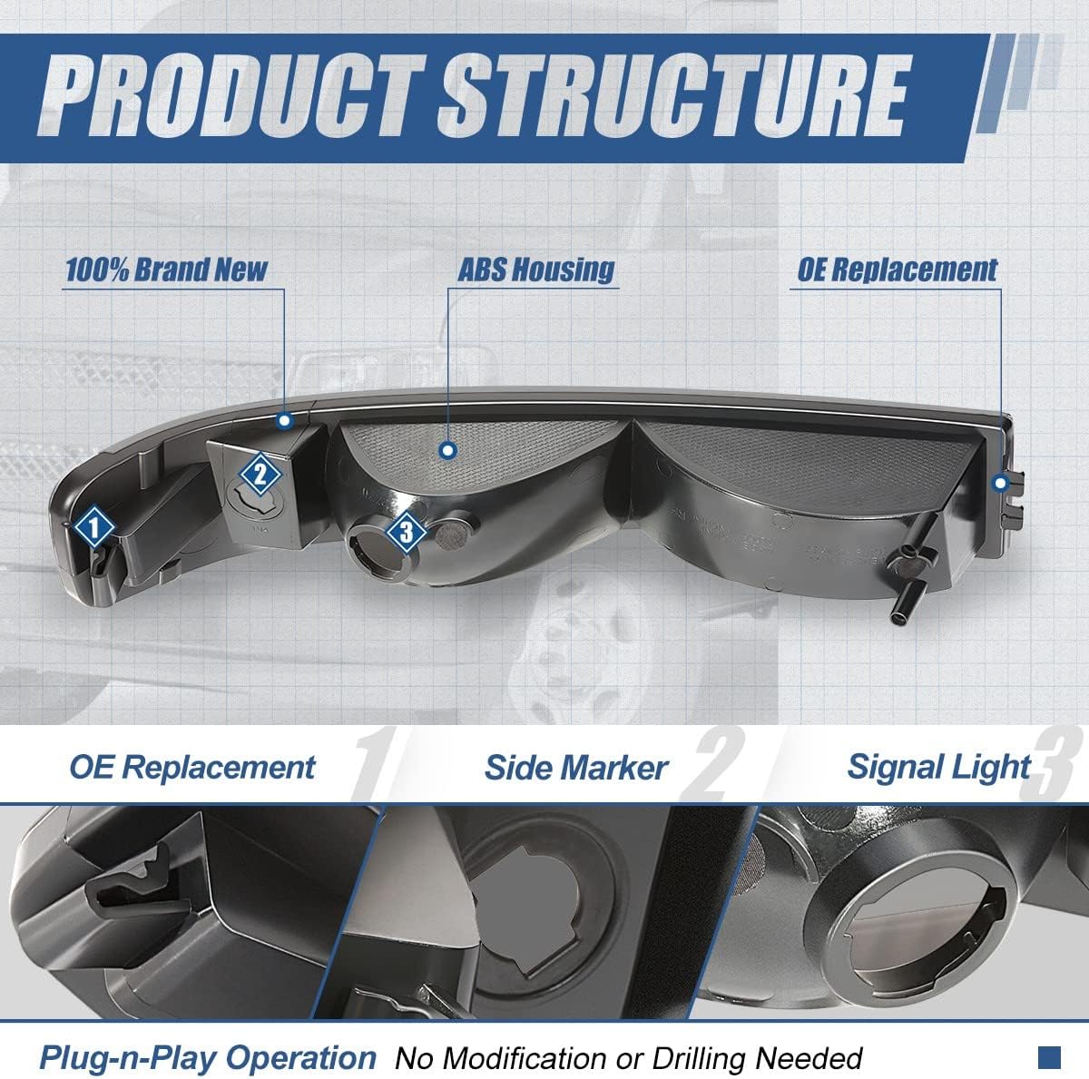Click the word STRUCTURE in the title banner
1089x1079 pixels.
tap(673, 95)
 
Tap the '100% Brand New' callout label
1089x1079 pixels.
tap(166, 270)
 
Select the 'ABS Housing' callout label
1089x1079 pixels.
tap(535, 270)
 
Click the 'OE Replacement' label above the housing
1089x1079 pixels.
tap(897, 270)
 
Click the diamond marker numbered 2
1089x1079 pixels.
tap(260, 475)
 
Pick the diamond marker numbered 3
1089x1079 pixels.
tap(406, 532)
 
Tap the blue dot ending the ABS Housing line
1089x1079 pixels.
tap(448, 450)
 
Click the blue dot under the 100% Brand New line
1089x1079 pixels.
tap(285, 420)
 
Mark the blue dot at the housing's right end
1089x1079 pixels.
tap(1001, 484)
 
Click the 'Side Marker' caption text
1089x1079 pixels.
tap(576, 768)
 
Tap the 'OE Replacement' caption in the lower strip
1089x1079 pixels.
tap(192, 768)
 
